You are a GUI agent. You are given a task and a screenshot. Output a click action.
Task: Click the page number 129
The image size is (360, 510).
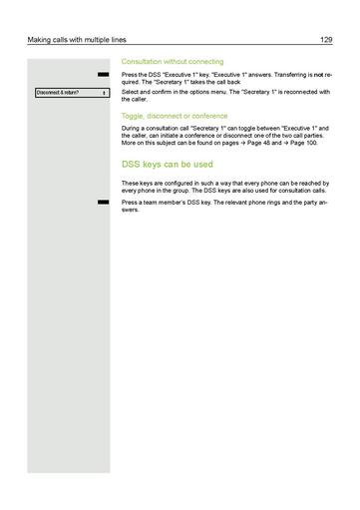pos(325,39)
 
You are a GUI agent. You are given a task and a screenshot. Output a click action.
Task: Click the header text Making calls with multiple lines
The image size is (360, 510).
pos(72,39)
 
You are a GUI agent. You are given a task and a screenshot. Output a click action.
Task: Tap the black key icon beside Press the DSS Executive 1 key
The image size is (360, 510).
pos(101,75)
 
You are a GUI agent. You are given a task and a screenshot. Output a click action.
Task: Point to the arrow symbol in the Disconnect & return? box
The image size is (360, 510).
pos(104,93)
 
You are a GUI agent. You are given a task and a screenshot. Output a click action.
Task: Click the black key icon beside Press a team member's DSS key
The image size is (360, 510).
pos(101,202)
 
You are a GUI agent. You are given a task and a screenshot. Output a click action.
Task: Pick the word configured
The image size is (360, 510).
pos(176,183)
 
